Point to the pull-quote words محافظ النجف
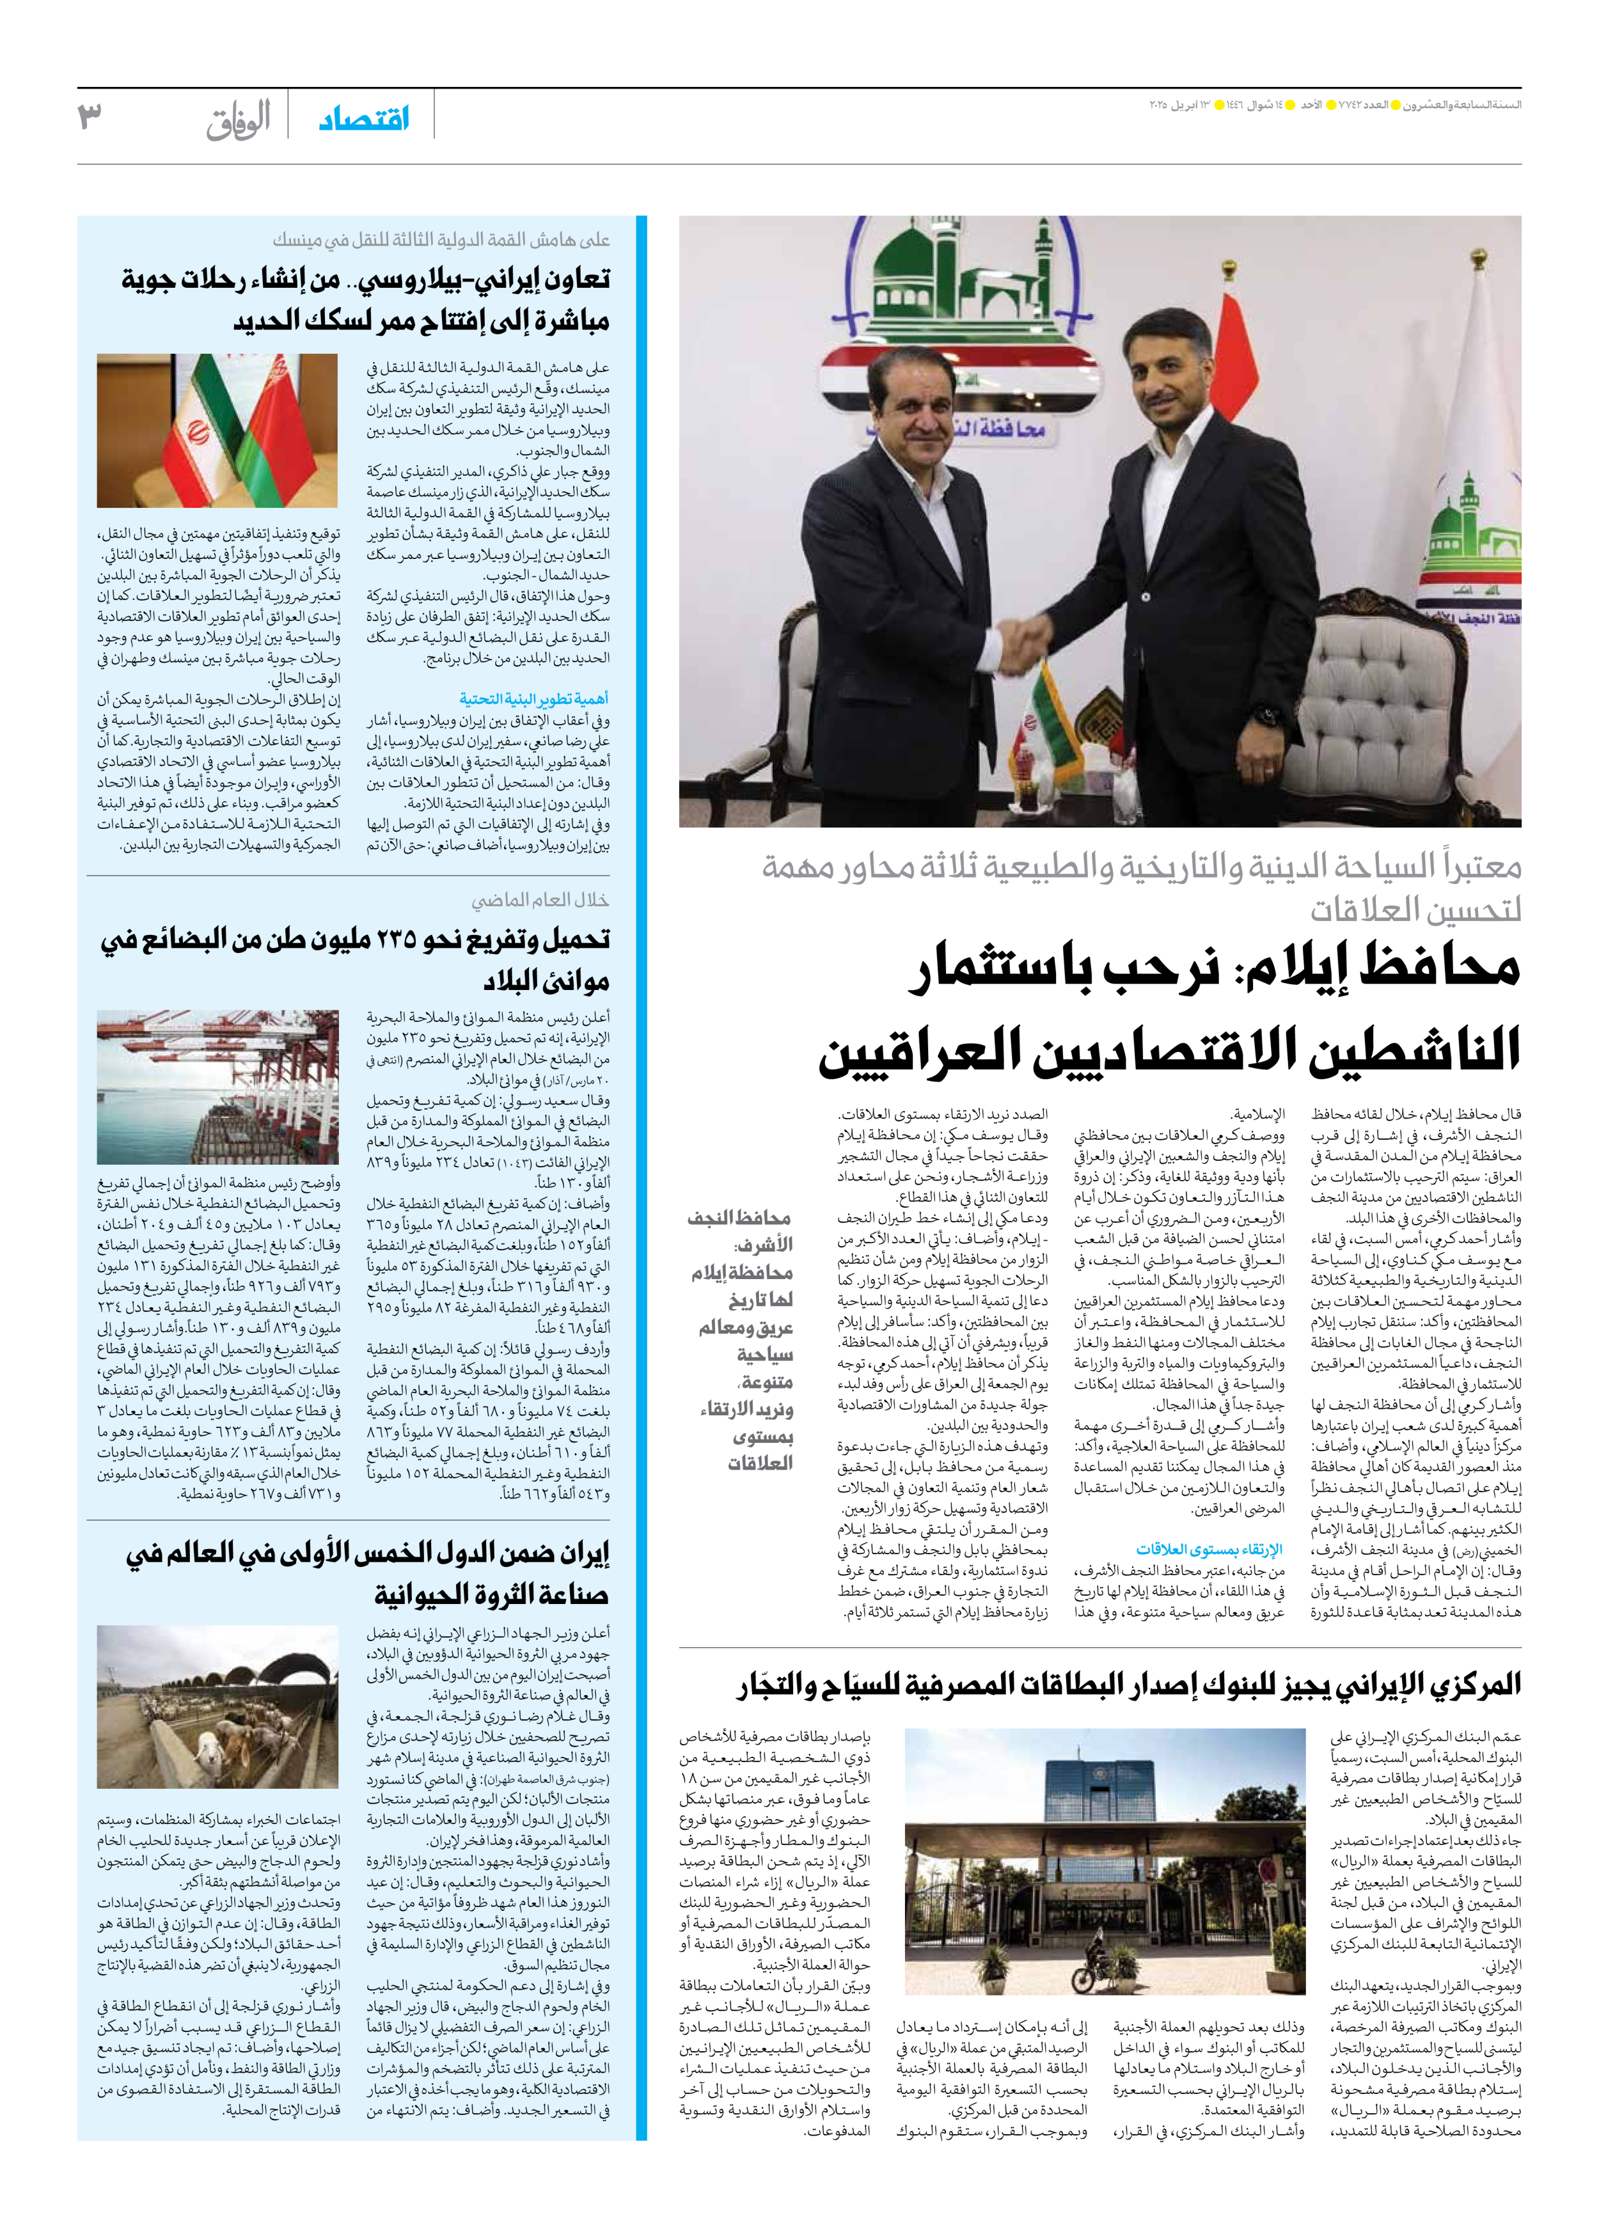pyautogui.click(x=739, y=1218)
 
